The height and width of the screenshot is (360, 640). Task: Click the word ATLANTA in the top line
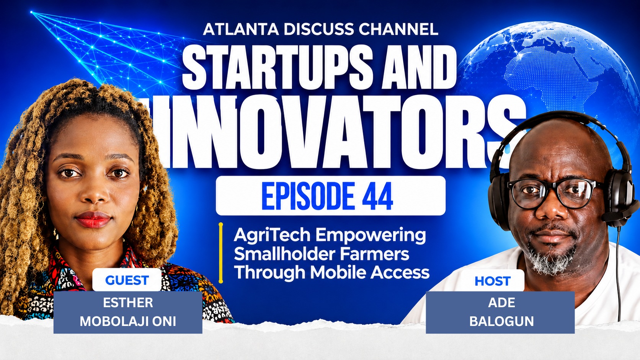point(241,29)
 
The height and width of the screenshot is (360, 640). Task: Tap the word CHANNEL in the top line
point(398,29)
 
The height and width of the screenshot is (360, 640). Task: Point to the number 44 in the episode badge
point(378,196)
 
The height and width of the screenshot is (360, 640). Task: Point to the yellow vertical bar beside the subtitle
point(220,253)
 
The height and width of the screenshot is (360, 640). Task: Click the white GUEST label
point(127,280)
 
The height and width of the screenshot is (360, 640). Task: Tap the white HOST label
point(492,281)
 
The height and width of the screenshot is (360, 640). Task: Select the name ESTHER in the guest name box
point(128,303)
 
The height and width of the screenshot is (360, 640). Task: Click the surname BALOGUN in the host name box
point(501,321)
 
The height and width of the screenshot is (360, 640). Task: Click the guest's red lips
point(93,220)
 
